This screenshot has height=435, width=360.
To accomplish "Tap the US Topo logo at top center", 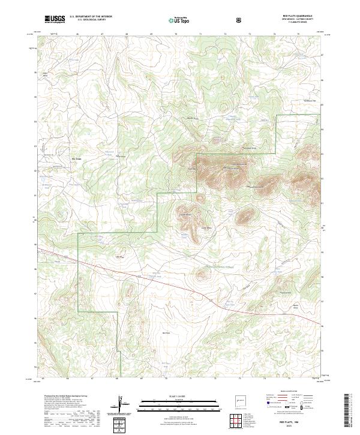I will pos(179,19).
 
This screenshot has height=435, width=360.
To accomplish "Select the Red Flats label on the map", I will pos(167,332).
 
